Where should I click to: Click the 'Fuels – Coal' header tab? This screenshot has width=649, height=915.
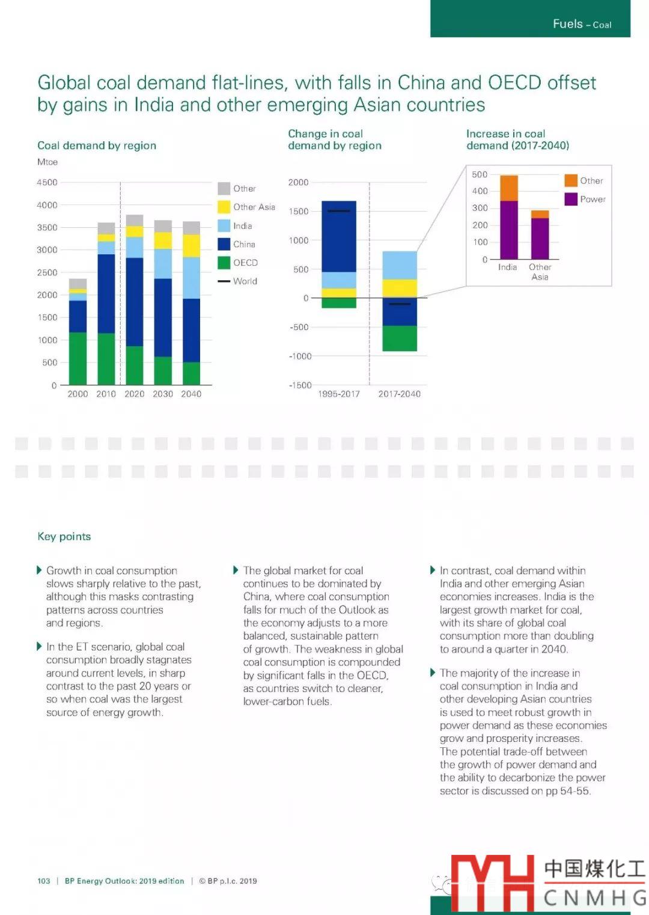(x=581, y=24)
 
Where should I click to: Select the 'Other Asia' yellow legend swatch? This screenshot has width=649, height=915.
(x=224, y=207)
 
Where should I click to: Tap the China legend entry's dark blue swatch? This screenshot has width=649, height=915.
(x=224, y=244)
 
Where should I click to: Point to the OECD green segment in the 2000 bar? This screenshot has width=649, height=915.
(x=78, y=358)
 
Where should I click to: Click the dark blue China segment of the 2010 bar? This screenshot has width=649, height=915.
(x=106, y=293)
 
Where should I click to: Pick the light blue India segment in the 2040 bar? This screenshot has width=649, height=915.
(x=191, y=278)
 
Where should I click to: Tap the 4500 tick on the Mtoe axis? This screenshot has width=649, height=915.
(x=47, y=182)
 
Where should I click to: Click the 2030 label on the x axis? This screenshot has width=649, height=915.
(x=163, y=394)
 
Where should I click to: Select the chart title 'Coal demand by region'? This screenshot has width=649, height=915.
(x=97, y=145)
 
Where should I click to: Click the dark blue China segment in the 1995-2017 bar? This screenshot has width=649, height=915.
(x=339, y=236)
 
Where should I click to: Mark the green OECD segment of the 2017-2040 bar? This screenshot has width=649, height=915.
(x=400, y=338)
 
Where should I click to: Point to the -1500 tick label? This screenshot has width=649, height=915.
(x=300, y=385)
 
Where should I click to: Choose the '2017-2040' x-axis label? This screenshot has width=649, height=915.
(x=400, y=394)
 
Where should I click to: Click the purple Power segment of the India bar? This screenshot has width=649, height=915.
(x=508, y=230)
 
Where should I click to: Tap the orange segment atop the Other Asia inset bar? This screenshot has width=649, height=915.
(x=540, y=214)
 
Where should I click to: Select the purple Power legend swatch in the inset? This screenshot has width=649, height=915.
(x=571, y=199)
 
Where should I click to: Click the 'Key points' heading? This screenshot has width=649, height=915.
(x=64, y=536)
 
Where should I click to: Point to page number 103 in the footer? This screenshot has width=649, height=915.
(x=44, y=881)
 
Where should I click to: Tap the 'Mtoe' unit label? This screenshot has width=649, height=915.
(x=47, y=162)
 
